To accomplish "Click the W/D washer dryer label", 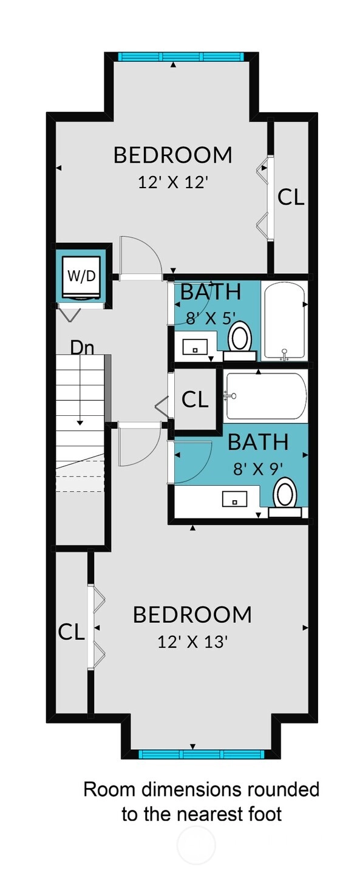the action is coord(81,276).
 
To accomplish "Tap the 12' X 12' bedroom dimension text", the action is coord(172,182).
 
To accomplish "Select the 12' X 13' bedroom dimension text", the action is coord(192,641).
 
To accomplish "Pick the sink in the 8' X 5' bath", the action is coord(195,347).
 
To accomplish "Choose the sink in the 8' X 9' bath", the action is coord(234,499).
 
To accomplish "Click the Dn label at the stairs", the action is coord(82,348).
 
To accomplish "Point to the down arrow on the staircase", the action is coord(80,390).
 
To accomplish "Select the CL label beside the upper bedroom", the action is coord(291,197).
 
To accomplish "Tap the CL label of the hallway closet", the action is coord(195,399).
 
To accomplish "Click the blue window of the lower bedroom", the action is coord(202,754).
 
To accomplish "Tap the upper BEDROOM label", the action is coord(172,155).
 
